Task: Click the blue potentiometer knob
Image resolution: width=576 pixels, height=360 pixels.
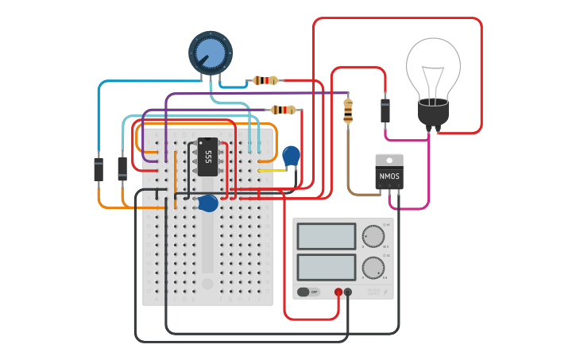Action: click(211, 53)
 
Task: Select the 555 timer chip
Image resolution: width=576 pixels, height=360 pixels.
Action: click(207, 157)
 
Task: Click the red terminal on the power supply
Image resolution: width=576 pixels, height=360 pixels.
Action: click(338, 292)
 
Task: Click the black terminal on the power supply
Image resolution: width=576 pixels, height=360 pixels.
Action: click(348, 292)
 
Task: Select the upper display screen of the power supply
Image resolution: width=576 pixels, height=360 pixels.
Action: click(327, 236)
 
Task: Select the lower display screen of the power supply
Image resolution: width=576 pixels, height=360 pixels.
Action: click(327, 267)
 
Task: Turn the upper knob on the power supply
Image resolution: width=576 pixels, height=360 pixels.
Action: click(373, 236)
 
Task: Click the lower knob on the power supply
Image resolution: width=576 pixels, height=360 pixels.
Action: click(373, 268)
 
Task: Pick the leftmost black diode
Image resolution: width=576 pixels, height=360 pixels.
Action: click(99, 169)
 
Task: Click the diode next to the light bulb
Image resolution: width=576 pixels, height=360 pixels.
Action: click(385, 110)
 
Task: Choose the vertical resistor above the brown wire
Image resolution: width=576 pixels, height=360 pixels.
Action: click(348, 110)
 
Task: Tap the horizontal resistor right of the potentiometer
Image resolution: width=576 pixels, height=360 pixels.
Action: click(265, 80)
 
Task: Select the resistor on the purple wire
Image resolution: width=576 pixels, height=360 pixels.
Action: click(284, 110)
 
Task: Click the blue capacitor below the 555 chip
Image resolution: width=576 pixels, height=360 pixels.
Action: click(208, 203)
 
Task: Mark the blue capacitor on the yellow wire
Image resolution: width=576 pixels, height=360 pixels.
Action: click(292, 156)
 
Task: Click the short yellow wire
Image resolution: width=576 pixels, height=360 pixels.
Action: click(272, 170)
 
